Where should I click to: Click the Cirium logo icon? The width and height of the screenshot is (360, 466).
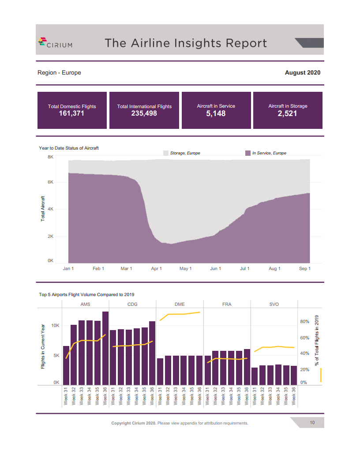tap(42, 42)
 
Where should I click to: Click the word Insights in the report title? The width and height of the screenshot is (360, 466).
tap(192, 43)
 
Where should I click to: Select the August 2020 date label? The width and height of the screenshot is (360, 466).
tap(303, 72)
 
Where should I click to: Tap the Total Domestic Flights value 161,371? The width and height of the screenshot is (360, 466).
tap(71, 113)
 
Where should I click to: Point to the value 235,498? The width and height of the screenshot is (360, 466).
tap(144, 113)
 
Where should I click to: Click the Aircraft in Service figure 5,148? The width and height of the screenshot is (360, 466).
tap(216, 113)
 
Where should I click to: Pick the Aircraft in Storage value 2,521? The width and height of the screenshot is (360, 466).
tap(288, 113)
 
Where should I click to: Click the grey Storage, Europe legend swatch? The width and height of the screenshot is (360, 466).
tap(166, 153)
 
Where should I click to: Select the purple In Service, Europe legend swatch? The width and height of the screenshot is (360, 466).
tap(247, 153)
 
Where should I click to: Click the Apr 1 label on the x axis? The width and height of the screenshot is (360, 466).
tap(156, 268)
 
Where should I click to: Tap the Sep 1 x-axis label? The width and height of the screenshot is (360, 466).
tap(304, 268)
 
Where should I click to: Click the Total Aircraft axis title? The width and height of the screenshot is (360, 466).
tap(43, 208)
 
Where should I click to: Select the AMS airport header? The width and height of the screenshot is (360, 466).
tap(85, 304)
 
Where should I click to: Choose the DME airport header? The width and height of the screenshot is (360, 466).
tap(180, 304)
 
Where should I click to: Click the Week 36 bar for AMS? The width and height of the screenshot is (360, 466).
tap(105, 348)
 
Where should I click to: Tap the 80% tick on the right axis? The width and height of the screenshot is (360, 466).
tap(304, 322)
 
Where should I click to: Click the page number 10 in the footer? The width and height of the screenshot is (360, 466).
tap(312, 423)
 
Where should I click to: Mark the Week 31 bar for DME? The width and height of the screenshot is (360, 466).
tap(160, 371)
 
